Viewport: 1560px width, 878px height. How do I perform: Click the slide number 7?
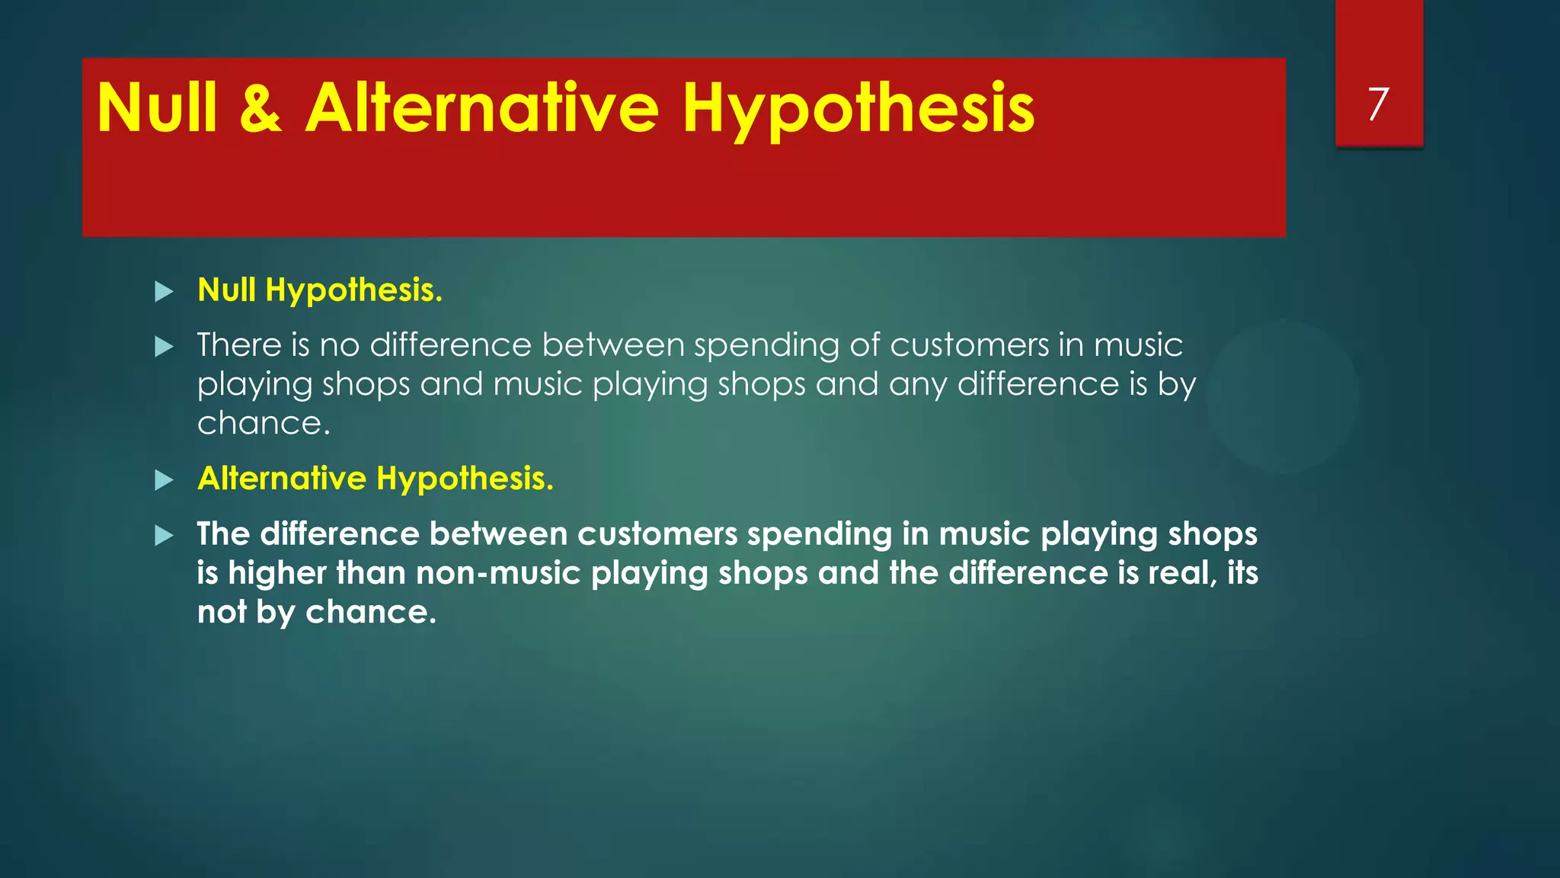[x=1378, y=104]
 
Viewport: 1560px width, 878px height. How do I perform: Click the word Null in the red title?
[x=158, y=108]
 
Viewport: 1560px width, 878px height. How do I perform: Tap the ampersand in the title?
[x=261, y=108]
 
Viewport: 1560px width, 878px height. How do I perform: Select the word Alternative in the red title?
[x=481, y=108]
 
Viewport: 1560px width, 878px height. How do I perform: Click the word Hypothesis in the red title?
[x=858, y=108]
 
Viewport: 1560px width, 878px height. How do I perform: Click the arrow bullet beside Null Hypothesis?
[x=164, y=291]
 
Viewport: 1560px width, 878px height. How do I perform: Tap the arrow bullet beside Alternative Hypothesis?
[x=164, y=480]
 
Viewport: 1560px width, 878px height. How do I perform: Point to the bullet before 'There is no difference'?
[x=164, y=348]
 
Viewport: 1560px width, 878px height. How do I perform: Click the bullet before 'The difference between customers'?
[x=164, y=536]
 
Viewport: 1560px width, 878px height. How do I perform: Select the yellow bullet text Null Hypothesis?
[x=320, y=290]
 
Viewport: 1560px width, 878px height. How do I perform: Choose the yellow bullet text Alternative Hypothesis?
[x=375, y=479]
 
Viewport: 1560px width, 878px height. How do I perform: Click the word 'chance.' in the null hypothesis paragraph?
[x=264, y=424]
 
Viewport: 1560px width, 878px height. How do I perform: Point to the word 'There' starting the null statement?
[x=239, y=345]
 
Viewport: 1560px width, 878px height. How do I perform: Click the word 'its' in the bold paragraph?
[x=1242, y=573]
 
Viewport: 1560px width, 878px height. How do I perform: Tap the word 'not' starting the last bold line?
[x=221, y=612]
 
